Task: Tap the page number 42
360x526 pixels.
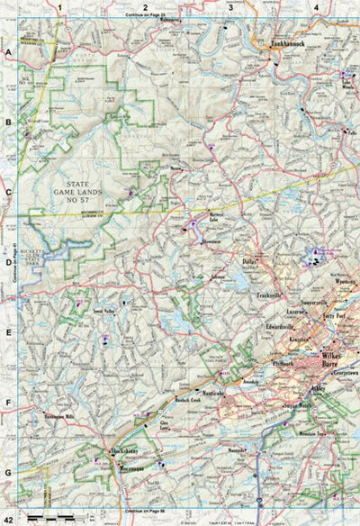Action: (8, 518)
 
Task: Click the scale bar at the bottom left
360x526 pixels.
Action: (49, 517)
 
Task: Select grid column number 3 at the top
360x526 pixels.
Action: (229, 7)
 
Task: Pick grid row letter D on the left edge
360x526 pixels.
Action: (7, 263)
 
